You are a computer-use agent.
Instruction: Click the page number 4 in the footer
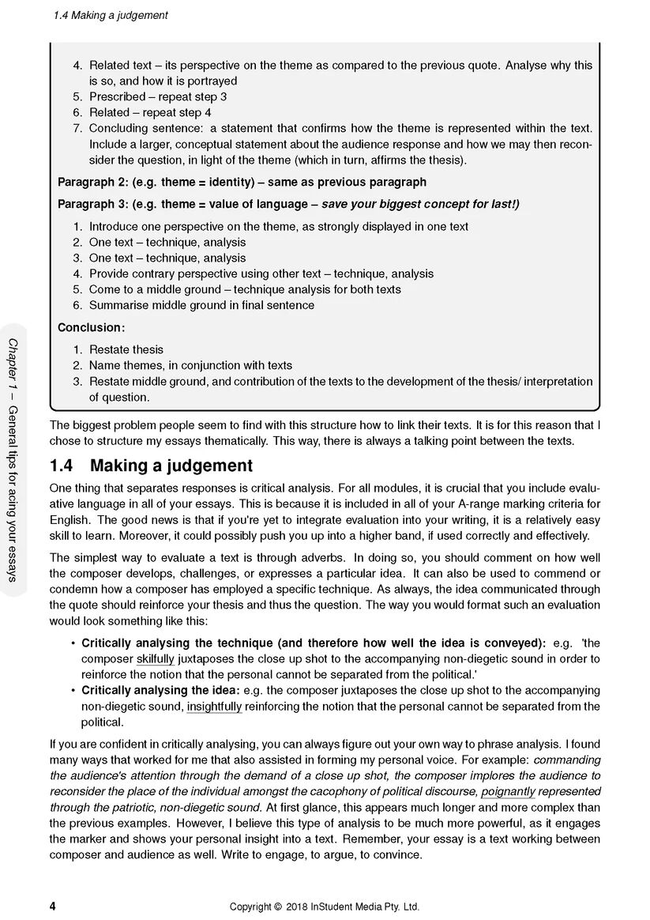[52, 906]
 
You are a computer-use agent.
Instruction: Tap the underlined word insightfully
[214, 707]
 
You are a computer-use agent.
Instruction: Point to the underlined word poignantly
[508, 791]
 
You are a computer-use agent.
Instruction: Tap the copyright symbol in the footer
[276, 907]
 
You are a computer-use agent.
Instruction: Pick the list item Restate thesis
[126, 349]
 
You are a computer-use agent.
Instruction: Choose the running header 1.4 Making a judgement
[111, 15]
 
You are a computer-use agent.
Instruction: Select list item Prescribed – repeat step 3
[158, 96]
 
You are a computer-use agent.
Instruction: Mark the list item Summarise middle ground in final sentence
[201, 305]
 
